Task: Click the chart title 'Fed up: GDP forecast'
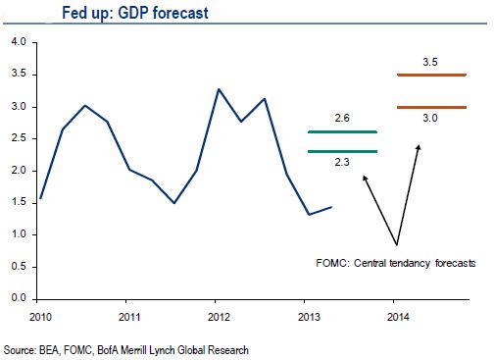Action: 135,14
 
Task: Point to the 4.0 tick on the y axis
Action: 19,42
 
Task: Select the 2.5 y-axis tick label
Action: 19,138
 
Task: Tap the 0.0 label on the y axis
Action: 19,298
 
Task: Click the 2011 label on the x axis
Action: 129,317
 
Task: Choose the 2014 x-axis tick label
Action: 398,317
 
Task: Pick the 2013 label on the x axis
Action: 309,317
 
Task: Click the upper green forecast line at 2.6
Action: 342,132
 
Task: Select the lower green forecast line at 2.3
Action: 342,151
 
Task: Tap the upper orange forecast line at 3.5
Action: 431,75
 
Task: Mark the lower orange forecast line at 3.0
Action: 431,107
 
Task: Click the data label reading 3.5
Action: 430,62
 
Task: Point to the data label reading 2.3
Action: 342,162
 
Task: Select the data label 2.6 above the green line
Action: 342,118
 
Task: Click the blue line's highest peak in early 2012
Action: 219,89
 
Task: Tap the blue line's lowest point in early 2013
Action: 309,215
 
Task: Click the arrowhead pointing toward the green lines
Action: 365,179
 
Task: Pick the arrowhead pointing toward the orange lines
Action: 419,148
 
